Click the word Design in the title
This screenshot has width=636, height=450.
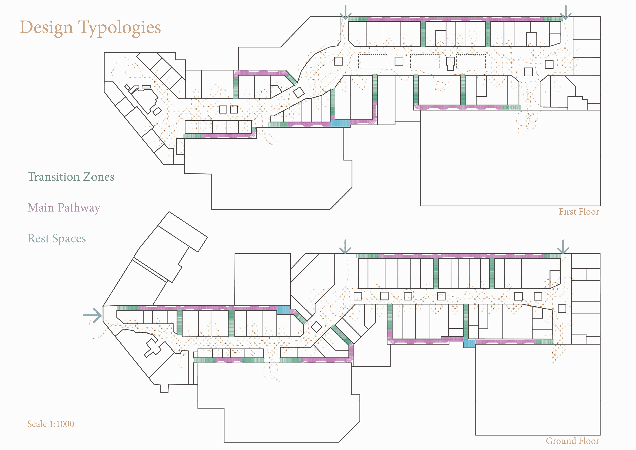46,28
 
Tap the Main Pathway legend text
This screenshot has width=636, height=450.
64,208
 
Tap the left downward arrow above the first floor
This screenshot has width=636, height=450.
345,12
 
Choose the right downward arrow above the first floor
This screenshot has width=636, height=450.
565,12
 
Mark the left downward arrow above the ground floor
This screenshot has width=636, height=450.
345,247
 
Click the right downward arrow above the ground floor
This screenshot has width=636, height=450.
563,247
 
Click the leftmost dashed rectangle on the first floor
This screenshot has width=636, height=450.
372,61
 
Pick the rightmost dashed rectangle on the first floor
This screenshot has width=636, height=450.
471,61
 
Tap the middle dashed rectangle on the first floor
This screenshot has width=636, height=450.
424,61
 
